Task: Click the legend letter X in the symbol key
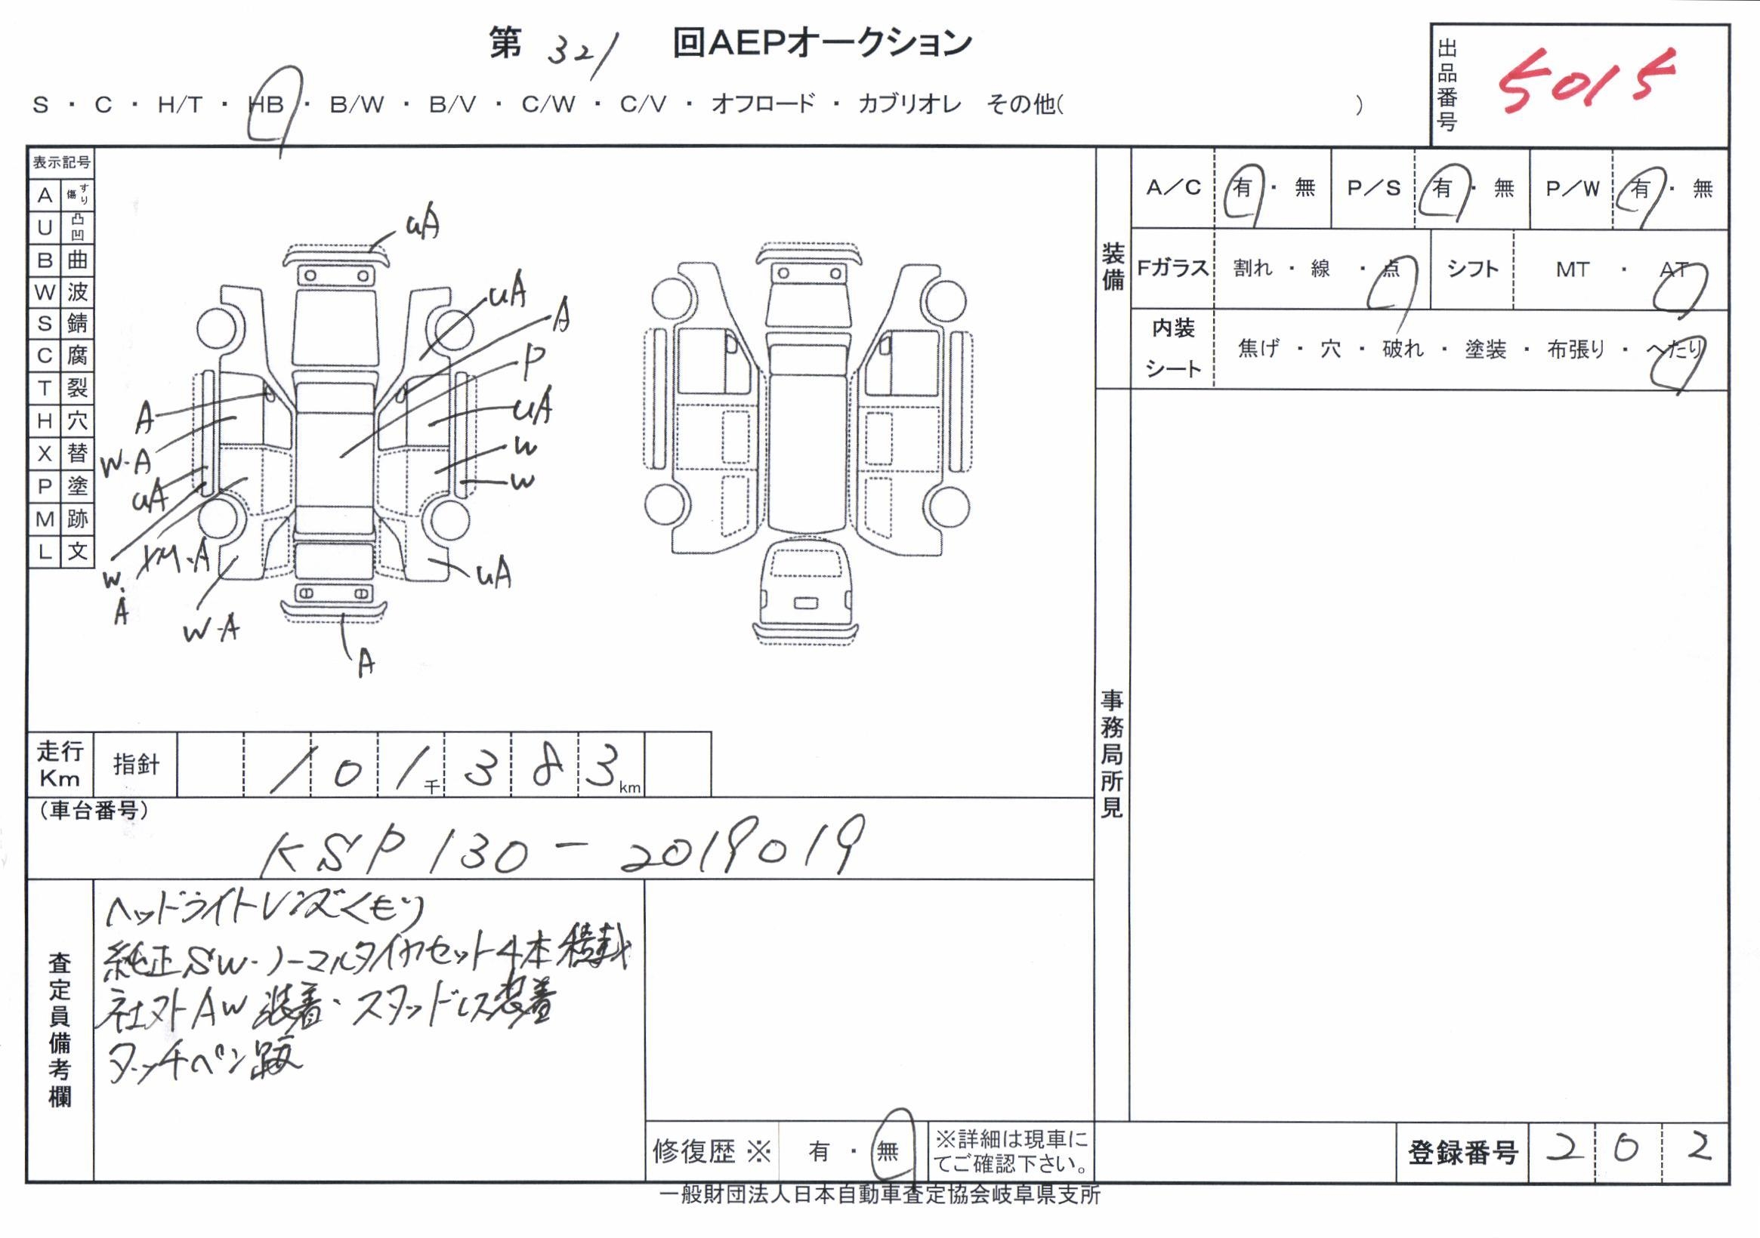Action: point(45,454)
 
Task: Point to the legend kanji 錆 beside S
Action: point(76,323)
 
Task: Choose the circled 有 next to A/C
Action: point(1242,189)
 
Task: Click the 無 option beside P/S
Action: point(1503,189)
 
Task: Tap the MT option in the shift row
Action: point(1571,269)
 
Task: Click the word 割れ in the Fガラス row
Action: point(1252,268)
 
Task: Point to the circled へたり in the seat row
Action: point(1675,351)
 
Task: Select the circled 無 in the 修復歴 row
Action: point(888,1150)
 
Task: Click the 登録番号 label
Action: point(1462,1152)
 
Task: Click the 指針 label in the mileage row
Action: point(136,765)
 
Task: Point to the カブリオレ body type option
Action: point(909,105)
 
